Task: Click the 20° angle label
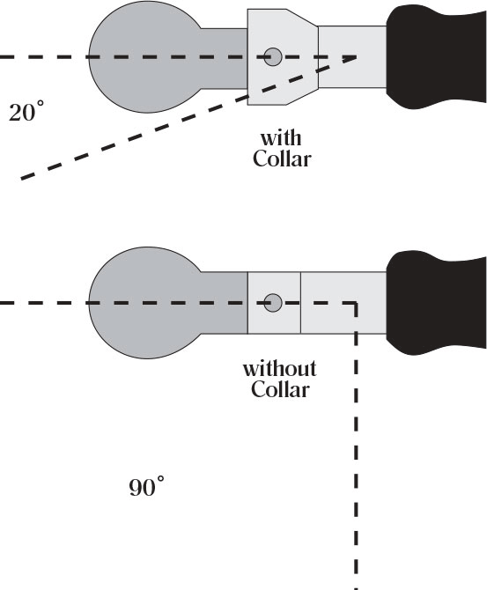point(26,111)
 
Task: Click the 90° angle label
point(146,486)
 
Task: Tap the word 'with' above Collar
point(281,138)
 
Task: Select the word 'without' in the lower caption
point(280,368)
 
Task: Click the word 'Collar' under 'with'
point(282,159)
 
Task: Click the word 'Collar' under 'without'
point(280,389)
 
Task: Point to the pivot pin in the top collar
point(273,57)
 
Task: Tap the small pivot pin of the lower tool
point(273,303)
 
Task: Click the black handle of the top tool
point(437,56)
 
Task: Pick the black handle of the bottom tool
point(437,303)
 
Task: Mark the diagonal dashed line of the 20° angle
point(188,118)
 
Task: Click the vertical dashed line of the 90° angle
point(356,446)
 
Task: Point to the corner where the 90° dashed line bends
point(356,303)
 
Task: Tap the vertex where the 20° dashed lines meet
point(356,57)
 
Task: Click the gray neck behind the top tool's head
point(225,58)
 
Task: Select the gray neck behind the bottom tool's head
point(225,303)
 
